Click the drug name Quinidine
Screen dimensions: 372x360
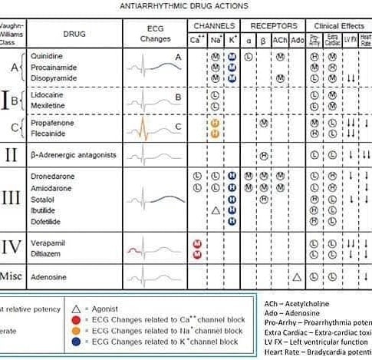[46, 56]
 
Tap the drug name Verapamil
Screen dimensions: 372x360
[47, 243]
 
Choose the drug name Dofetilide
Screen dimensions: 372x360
[47, 220]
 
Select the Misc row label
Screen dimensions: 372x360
[12, 277]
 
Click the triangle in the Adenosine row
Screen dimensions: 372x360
[297, 276]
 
